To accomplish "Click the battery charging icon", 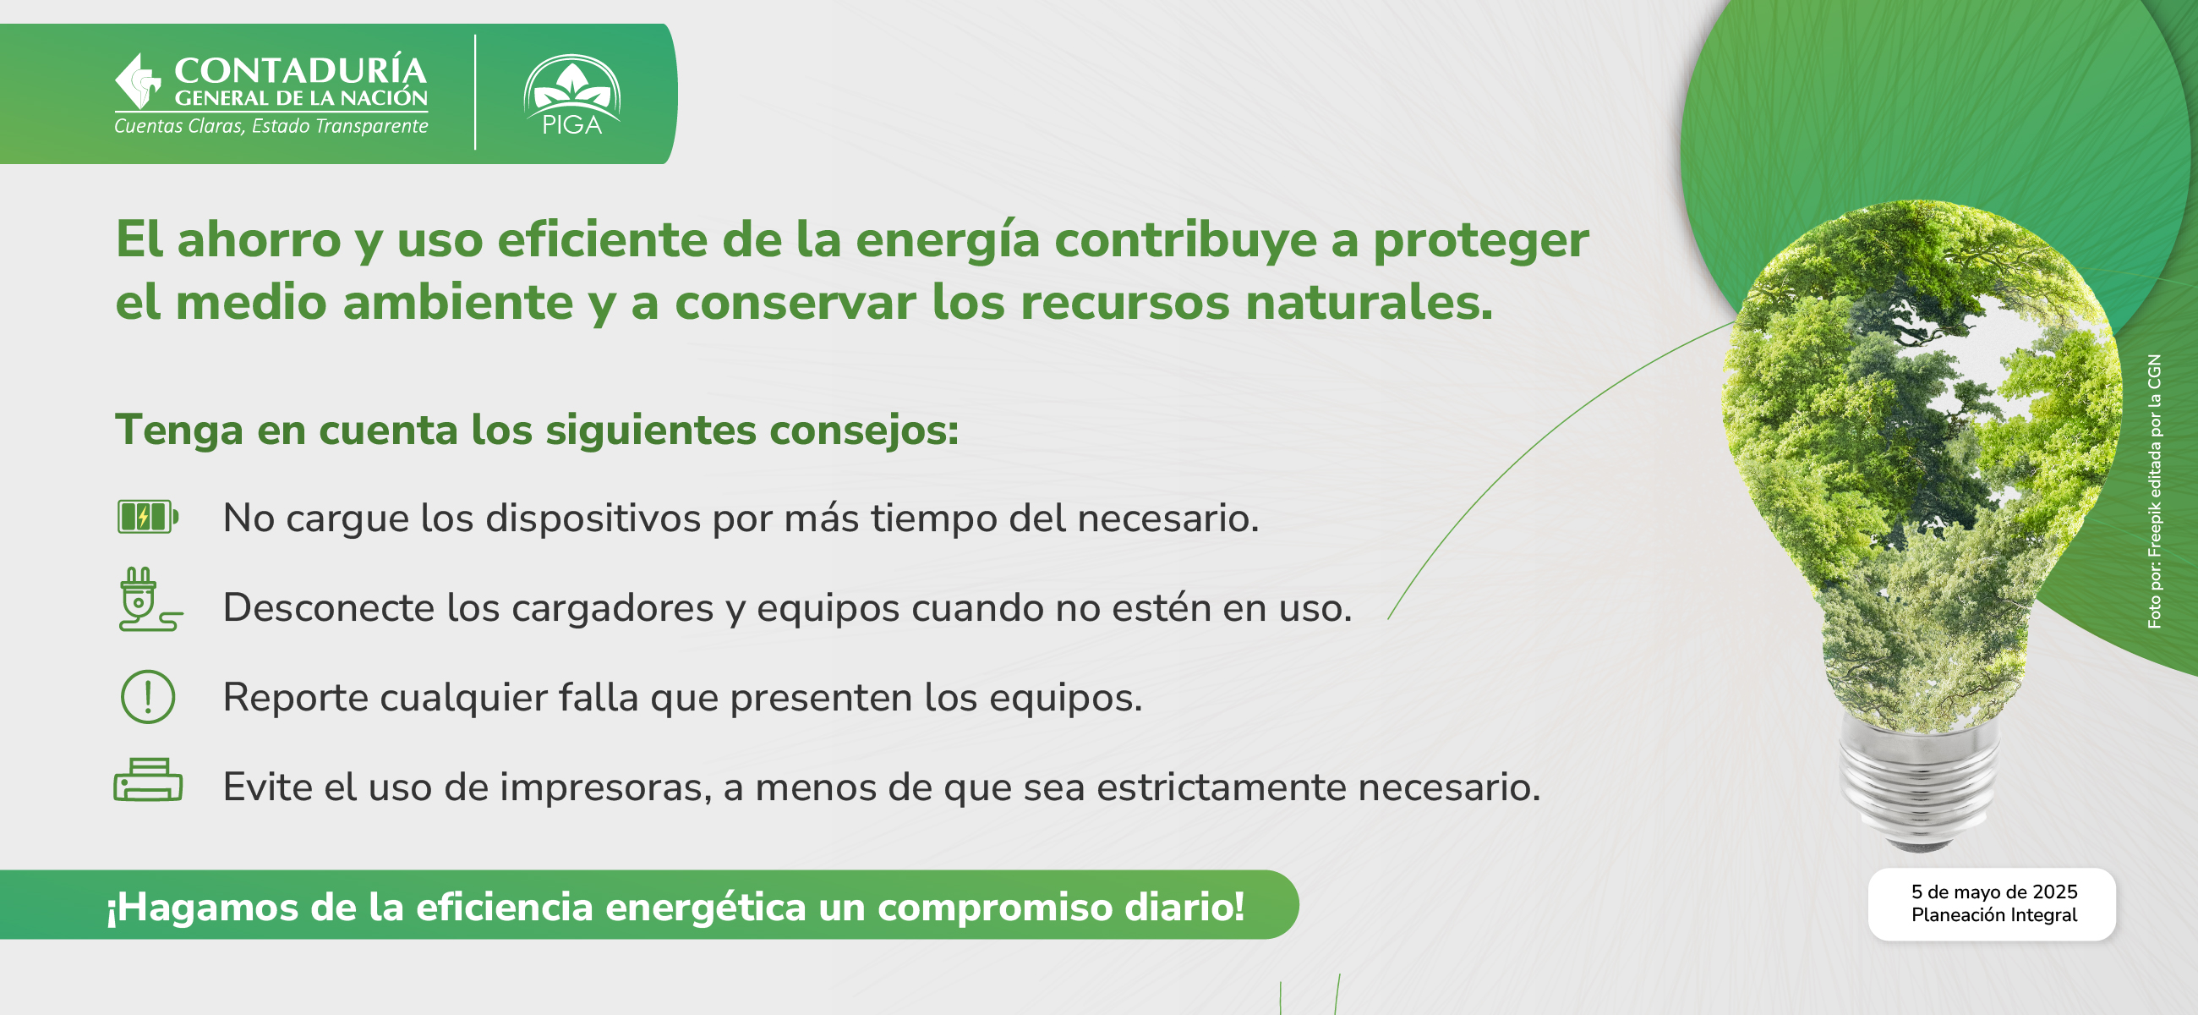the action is tap(148, 517).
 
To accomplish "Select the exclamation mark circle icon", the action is tap(148, 697).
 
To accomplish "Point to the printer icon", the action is tap(148, 779).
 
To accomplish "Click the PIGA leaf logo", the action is tap(571, 95).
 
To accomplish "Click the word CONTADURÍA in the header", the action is tap(300, 71).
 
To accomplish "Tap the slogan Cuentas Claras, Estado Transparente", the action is tap(271, 126).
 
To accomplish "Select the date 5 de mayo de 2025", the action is tap(1994, 892).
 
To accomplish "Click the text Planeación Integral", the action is tap(1994, 915).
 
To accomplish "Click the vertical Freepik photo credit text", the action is tap(2155, 491).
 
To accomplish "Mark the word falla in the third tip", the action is tap(599, 698).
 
